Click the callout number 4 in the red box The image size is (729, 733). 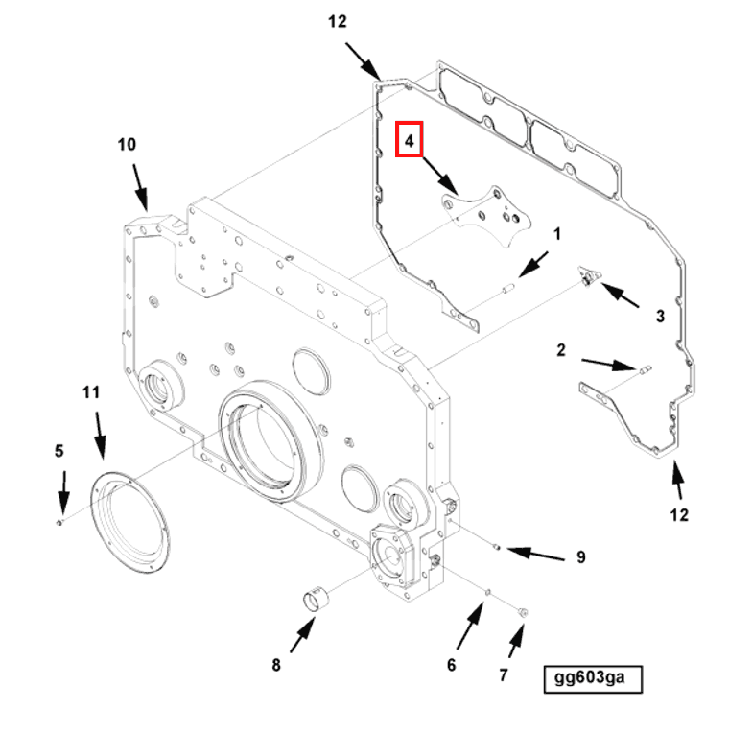(x=410, y=141)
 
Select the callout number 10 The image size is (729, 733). (x=128, y=145)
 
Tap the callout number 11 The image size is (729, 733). (x=91, y=391)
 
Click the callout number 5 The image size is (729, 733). (x=59, y=451)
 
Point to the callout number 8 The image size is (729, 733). (x=276, y=664)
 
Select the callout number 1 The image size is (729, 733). (x=556, y=233)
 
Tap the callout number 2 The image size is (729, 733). (x=561, y=350)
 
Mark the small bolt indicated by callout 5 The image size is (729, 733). (x=59, y=521)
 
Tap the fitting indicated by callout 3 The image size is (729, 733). (x=586, y=278)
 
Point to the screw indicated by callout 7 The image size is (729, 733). (x=522, y=610)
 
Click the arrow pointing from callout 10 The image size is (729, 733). (x=140, y=188)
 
